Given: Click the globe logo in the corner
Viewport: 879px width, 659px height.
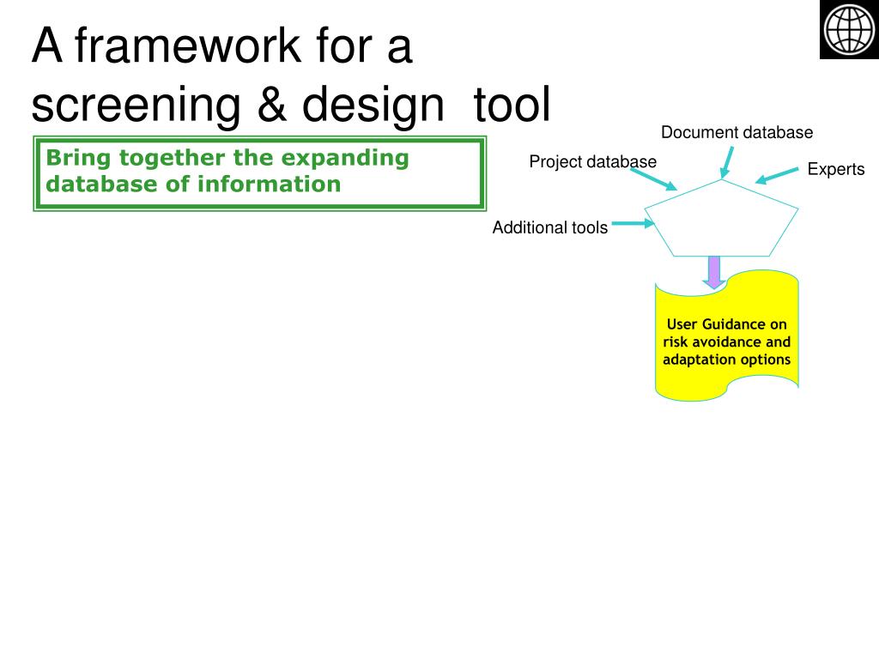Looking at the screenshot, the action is tap(849, 29).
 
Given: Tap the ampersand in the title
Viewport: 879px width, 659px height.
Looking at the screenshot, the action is tap(272, 104).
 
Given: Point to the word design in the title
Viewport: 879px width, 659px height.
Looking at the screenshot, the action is tap(373, 106).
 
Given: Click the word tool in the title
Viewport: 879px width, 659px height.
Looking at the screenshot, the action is tap(512, 104).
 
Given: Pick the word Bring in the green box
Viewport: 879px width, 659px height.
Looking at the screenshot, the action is tap(78, 159).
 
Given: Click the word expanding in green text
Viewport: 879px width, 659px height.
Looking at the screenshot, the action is tap(345, 159).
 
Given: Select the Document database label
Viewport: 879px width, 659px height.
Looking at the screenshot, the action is tap(737, 132).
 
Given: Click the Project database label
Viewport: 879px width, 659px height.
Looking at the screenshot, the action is tap(592, 162).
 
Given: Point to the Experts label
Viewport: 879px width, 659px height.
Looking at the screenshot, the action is tap(836, 169).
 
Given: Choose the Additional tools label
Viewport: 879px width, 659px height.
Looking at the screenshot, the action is tap(550, 227).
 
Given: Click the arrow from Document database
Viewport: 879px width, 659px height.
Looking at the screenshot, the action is tap(726, 162).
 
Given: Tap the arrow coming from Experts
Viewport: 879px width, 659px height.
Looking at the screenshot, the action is tap(776, 175).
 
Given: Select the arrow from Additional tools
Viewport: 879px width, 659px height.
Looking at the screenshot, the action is tap(633, 224).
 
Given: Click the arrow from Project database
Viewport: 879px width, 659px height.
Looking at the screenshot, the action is tap(653, 179).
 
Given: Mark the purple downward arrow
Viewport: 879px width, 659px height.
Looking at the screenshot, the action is tap(713, 272).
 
